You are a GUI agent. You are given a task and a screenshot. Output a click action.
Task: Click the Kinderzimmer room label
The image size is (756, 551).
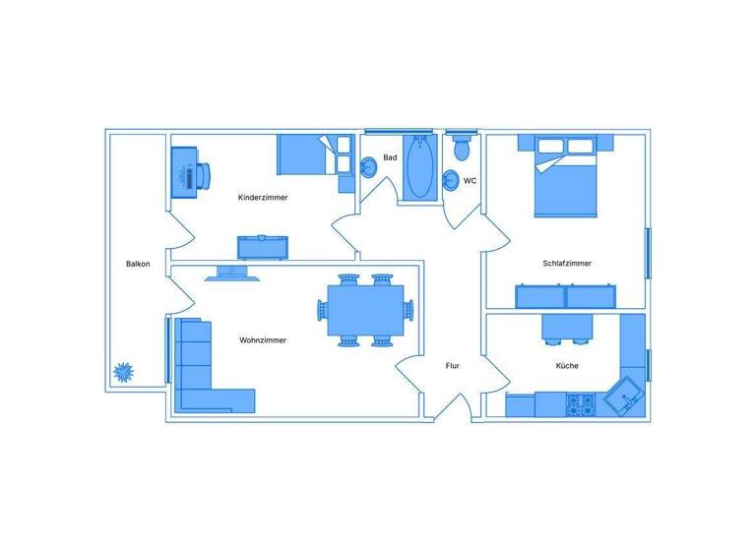point(263,198)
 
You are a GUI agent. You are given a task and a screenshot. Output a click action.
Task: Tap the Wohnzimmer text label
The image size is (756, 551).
point(263,340)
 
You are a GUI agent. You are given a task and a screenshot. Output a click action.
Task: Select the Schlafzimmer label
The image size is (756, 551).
point(566,263)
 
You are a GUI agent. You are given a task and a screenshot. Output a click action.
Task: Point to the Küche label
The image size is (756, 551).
point(566,366)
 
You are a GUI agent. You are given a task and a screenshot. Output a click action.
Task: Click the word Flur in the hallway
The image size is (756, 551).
point(452,366)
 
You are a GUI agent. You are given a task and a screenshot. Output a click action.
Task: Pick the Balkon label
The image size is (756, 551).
point(138,264)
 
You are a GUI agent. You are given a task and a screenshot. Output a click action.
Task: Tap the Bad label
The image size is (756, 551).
point(390,157)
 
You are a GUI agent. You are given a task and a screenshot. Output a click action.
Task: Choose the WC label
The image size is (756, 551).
point(470,181)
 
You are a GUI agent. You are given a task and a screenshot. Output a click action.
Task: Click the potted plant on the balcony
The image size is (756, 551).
point(124,372)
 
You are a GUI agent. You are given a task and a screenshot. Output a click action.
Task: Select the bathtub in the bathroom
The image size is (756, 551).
point(420,169)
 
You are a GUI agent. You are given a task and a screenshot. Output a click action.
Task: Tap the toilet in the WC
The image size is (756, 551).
point(461,148)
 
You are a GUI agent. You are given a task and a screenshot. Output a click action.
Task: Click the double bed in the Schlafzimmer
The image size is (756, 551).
point(566,177)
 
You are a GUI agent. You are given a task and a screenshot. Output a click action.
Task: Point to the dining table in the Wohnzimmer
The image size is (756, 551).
point(365,310)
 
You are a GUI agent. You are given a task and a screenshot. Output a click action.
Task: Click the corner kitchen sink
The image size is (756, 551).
point(624,397)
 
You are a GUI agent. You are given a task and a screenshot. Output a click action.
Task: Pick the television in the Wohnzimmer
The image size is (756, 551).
point(232,275)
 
